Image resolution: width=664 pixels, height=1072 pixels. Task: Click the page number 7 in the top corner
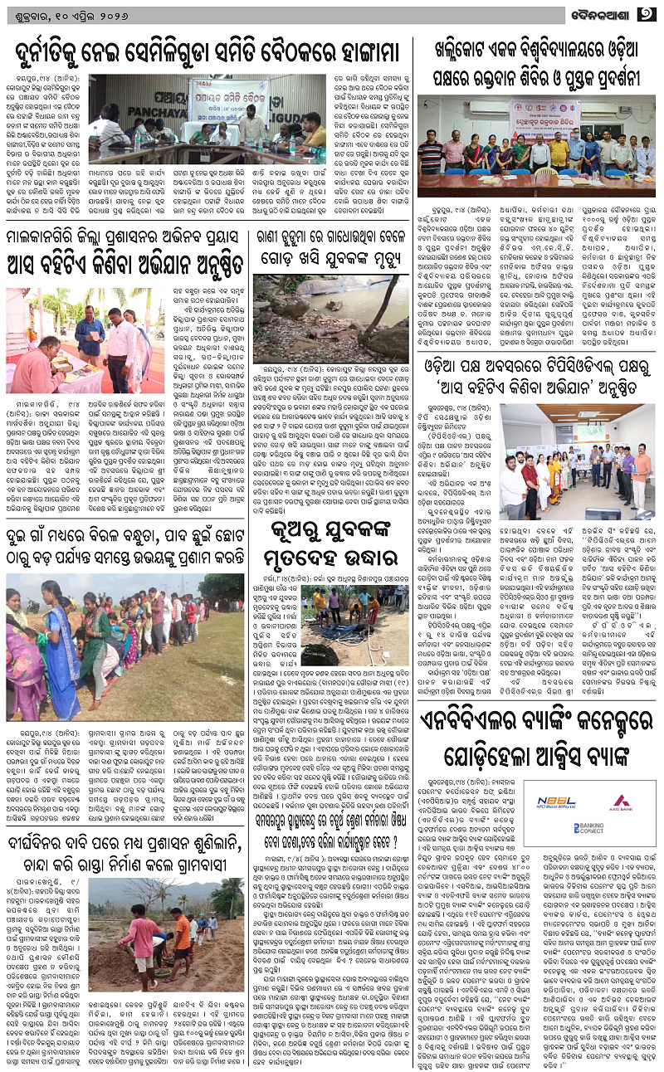tap(647, 14)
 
